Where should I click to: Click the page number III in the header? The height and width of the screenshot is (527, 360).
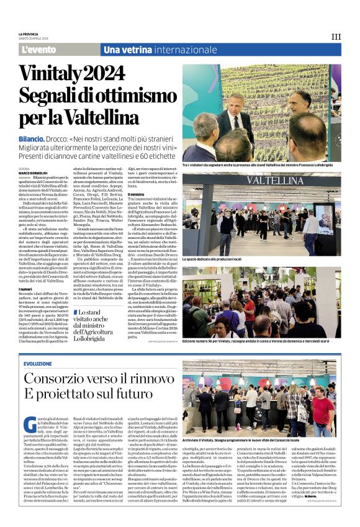point(336,37)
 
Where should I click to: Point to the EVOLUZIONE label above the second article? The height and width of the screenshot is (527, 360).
point(38,364)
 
